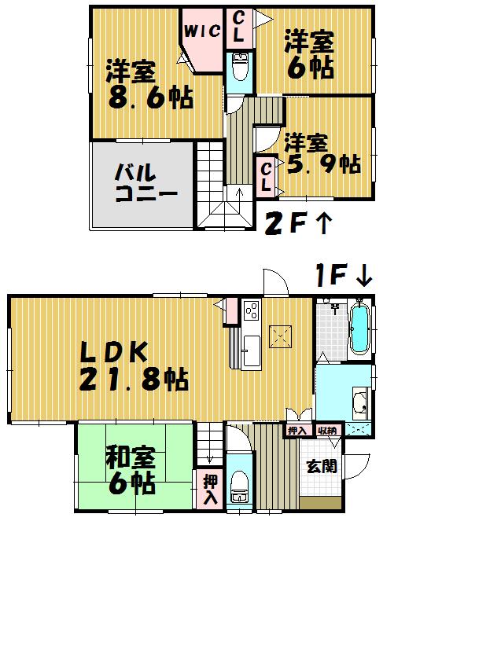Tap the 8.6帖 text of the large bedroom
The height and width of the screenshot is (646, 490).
tap(149, 98)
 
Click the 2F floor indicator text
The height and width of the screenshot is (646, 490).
tap(284, 224)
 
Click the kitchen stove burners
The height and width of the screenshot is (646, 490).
tap(251, 311)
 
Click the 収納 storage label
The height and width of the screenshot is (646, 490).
tap(327, 430)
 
